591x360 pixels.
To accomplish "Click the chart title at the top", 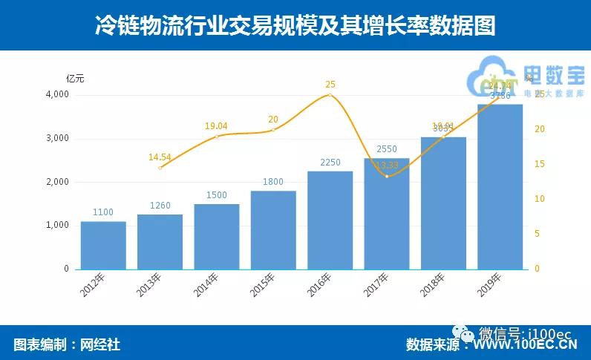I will click(x=295, y=26).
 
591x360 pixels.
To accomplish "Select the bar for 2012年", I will click(x=103, y=245).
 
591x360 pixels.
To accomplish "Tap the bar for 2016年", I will click(x=330, y=220).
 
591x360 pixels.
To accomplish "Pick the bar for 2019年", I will click(x=500, y=186).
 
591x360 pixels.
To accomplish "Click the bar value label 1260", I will click(x=160, y=204).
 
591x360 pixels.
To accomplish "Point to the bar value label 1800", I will click(x=273, y=180).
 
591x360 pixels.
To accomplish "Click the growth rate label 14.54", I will click(x=160, y=157).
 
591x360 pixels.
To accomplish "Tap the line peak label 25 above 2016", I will click(x=330, y=85).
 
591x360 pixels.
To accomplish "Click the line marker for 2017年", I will click(x=387, y=176).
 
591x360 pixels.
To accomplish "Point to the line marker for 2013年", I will click(x=160, y=168).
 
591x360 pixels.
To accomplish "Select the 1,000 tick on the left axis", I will click(x=57, y=225).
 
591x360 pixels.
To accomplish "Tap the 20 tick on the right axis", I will click(x=540, y=129).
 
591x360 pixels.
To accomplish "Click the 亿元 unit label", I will click(x=75, y=78).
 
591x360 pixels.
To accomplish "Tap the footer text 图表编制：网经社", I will click(x=67, y=344).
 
